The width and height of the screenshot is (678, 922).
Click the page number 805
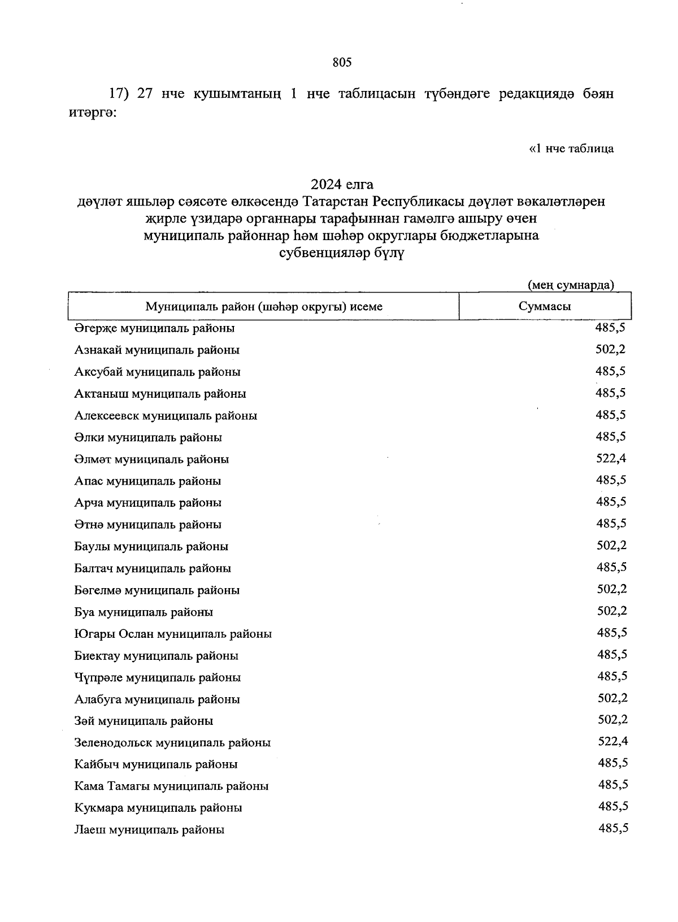click(342, 63)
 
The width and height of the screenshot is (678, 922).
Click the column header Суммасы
click(545, 307)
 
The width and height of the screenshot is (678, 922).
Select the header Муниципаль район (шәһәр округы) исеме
click(264, 307)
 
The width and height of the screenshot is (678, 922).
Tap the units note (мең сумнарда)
click(570, 285)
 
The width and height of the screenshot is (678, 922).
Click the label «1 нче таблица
click(571, 149)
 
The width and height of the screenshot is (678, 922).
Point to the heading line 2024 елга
click(342, 184)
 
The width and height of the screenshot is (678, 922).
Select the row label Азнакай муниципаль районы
click(157, 350)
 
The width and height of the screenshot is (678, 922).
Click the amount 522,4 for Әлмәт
click(611, 458)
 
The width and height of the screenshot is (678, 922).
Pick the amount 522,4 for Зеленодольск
click(613, 742)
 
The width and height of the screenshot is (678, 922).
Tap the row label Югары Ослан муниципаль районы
click(173, 634)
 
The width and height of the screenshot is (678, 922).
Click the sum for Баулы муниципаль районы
click(612, 545)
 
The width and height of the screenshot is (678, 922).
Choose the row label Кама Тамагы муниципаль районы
click(171, 786)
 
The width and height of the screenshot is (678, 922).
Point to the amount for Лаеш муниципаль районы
click(614, 829)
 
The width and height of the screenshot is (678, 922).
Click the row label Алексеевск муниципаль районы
click(166, 416)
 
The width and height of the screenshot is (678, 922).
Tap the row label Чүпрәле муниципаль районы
click(158, 677)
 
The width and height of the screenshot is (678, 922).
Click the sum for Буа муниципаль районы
click(612, 611)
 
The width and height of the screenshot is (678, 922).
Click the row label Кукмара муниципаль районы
click(158, 808)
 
